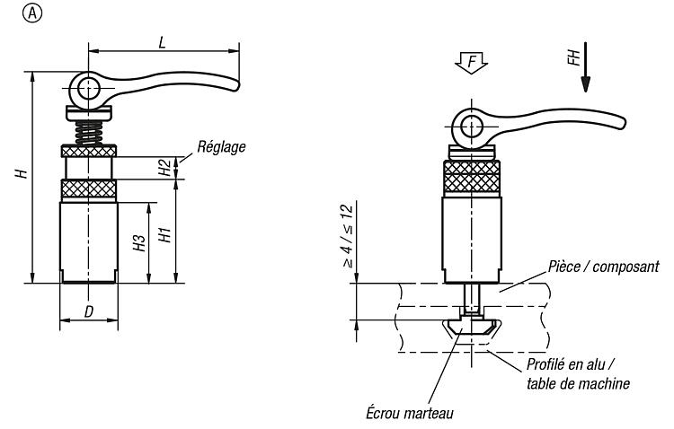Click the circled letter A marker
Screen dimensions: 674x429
32,13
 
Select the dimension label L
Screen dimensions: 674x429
162,42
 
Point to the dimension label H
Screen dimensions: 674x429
21,173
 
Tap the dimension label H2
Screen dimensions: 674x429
164,168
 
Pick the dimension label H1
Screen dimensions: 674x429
165,235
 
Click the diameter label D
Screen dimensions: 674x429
89,311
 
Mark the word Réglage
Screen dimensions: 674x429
221,147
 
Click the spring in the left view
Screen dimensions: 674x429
89,133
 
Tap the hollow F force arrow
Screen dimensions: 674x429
472,63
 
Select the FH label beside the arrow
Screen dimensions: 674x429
574,57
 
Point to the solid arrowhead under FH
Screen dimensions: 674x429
585,84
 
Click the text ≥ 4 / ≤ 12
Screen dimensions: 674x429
348,237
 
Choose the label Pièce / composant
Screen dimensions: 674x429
604,267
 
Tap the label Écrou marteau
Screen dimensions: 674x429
410,413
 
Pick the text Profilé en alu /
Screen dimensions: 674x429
571,365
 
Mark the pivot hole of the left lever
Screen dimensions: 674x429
89,90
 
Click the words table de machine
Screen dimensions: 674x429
578,383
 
